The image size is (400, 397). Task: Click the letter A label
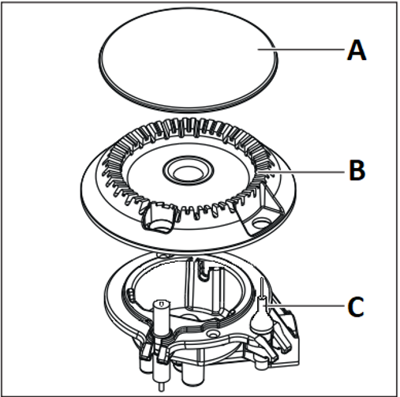click(x=357, y=51)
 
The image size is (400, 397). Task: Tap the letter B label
click(x=357, y=170)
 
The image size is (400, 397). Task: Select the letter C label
click(x=356, y=306)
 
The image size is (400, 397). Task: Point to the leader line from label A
click(x=301, y=49)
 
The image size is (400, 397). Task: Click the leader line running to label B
click(x=301, y=172)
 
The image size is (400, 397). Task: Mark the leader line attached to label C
click(x=305, y=305)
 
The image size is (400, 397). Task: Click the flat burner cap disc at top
click(x=188, y=59)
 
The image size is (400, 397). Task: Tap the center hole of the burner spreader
click(x=188, y=172)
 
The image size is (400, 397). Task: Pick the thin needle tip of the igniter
click(x=262, y=287)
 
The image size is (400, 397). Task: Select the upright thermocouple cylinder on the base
click(x=162, y=317)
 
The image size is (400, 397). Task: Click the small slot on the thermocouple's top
click(x=162, y=305)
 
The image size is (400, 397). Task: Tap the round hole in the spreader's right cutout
click(x=260, y=223)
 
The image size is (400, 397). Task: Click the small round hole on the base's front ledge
click(x=212, y=334)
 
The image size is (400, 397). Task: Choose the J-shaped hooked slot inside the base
click(x=203, y=270)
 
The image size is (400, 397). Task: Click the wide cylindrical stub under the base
click(x=193, y=373)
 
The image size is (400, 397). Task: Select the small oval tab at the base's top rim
click(x=163, y=255)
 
